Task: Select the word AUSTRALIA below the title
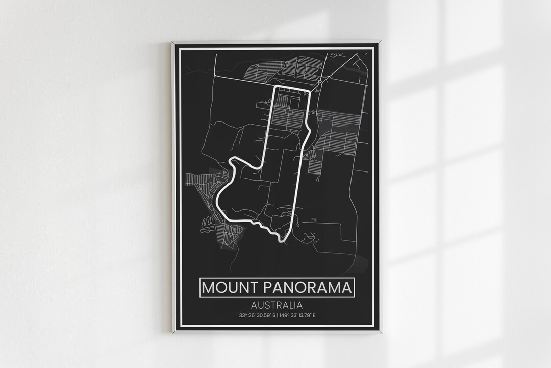coord(277,305)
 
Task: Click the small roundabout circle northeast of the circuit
coord(320,81)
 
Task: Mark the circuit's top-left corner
coord(277,87)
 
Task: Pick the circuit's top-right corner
coord(310,90)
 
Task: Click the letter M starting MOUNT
coord(208,287)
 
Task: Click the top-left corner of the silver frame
coord(172,42)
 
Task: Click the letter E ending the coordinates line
coord(314,316)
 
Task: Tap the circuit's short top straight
coord(293,88)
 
